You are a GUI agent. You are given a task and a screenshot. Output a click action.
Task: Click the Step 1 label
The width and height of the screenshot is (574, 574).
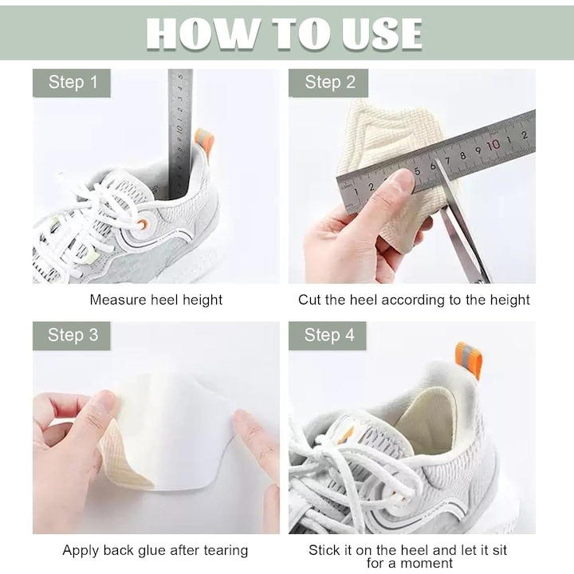(x=72, y=83)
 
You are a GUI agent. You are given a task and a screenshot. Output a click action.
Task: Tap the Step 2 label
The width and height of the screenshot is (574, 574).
(x=328, y=83)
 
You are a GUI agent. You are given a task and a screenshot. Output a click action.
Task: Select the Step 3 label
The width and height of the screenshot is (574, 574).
(x=72, y=336)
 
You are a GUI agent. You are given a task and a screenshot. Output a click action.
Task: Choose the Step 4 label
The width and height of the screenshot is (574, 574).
(x=328, y=336)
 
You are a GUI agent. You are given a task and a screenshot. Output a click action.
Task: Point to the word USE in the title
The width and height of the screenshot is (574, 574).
(x=382, y=33)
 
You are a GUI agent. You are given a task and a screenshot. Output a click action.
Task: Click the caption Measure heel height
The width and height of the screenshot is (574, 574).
(x=156, y=301)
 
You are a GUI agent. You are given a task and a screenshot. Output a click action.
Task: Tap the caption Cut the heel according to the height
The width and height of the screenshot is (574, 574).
(x=414, y=301)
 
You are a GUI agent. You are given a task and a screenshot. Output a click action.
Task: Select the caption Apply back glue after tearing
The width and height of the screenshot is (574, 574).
(x=155, y=551)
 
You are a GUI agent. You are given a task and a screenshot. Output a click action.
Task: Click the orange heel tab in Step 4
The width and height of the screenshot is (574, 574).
(x=469, y=360)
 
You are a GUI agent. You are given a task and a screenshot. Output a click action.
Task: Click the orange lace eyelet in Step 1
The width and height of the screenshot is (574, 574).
(x=143, y=224)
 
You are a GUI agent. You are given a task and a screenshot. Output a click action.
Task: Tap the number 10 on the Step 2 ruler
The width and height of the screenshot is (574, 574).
(x=493, y=145)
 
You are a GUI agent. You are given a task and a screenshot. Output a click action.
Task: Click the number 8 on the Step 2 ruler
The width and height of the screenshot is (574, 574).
(x=463, y=155)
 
